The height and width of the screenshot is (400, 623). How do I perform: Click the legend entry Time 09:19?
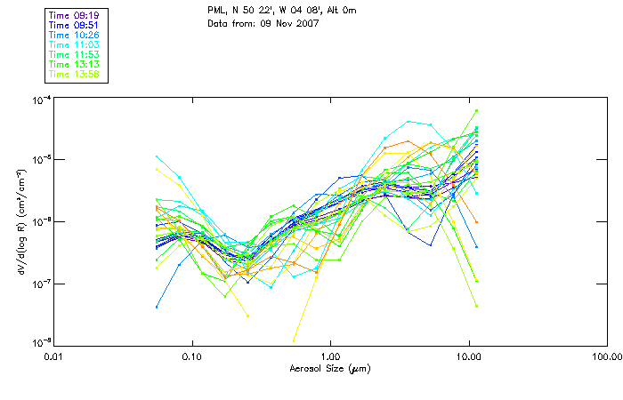(75, 15)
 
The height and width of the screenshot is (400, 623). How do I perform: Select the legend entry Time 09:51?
(75, 25)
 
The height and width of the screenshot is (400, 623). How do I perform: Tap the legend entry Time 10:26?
(75, 35)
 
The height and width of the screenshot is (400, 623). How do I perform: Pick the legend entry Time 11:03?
(75, 44)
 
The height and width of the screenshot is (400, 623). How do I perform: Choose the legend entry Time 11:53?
(75, 54)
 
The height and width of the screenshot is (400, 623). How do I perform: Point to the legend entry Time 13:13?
(75, 64)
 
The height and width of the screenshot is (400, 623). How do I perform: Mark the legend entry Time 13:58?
(75, 74)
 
